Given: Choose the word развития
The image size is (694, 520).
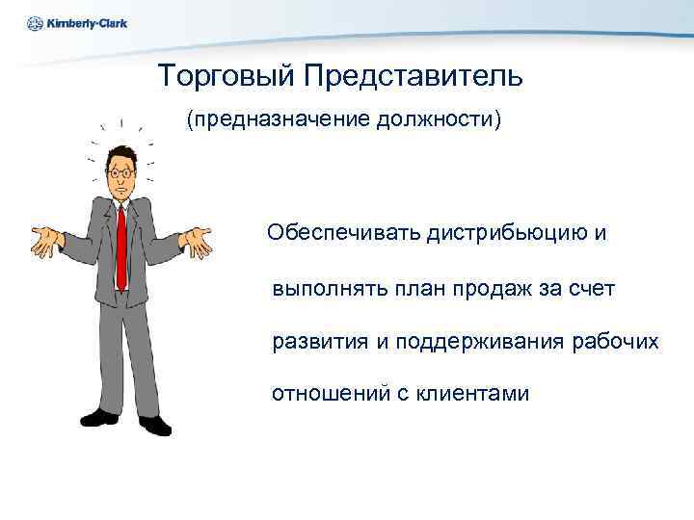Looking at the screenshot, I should pyautogui.click(x=319, y=342).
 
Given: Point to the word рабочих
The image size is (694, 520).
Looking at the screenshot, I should pyautogui.click(x=616, y=342).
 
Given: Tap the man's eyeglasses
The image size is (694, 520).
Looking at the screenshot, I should pyautogui.click(x=121, y=172).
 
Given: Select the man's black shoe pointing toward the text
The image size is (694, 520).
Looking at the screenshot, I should pyautogui.click(x=155, y=425).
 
